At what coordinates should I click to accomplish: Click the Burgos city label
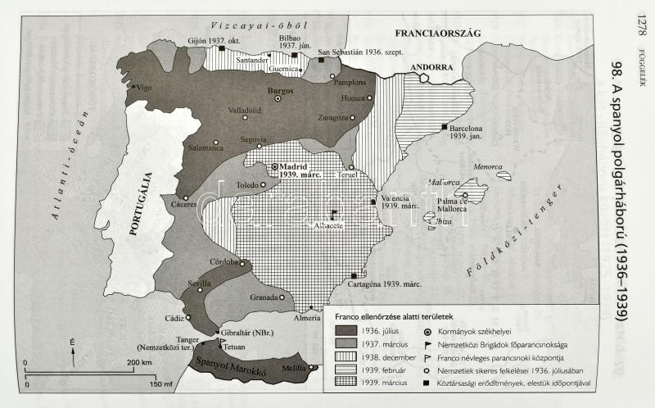click(281, 91)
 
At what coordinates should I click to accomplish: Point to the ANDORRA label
click(431, 67)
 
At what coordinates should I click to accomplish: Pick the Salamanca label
click(204, 148)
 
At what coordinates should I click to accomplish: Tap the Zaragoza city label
click(333, 117)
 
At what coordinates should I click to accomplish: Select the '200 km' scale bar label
click(141, 361)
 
